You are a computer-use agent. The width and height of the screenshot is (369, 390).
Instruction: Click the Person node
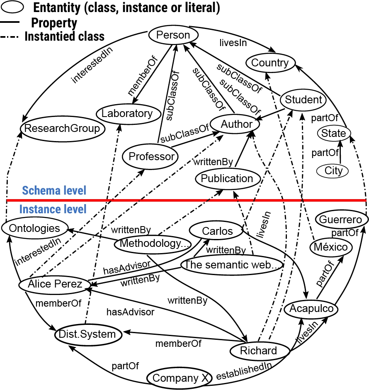173,35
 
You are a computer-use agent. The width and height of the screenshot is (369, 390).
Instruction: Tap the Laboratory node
127,113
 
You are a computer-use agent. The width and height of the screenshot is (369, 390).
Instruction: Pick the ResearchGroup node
62,128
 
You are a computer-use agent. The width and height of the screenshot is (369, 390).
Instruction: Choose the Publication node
227,179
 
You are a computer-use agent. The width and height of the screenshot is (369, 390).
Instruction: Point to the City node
334,171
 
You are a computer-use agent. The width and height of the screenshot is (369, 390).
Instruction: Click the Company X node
180,378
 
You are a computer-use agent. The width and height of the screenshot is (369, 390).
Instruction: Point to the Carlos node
217,231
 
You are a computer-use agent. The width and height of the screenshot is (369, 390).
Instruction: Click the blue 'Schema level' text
54,190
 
